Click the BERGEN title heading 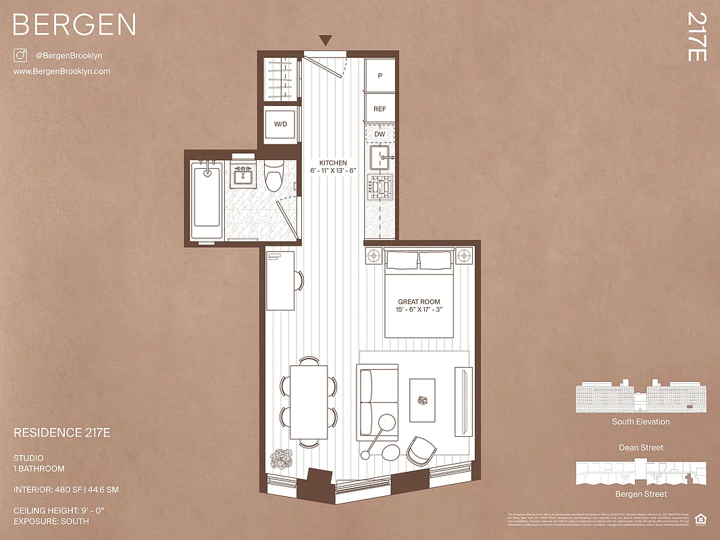pos(74,25)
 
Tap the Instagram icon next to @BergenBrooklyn pos(20,56)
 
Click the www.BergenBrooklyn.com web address pos(61,72)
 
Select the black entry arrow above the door pos(326,41)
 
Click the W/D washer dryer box pos(280,125)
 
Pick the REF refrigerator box pos(380,108)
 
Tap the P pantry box pos(380,76)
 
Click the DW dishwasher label pos(380,134)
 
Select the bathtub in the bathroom pos(206,199)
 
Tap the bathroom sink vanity pos(242,177)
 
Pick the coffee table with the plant pos(423,400)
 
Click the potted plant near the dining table pos(280,460)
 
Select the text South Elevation pos(640,422)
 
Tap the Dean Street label pos(640,448)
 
